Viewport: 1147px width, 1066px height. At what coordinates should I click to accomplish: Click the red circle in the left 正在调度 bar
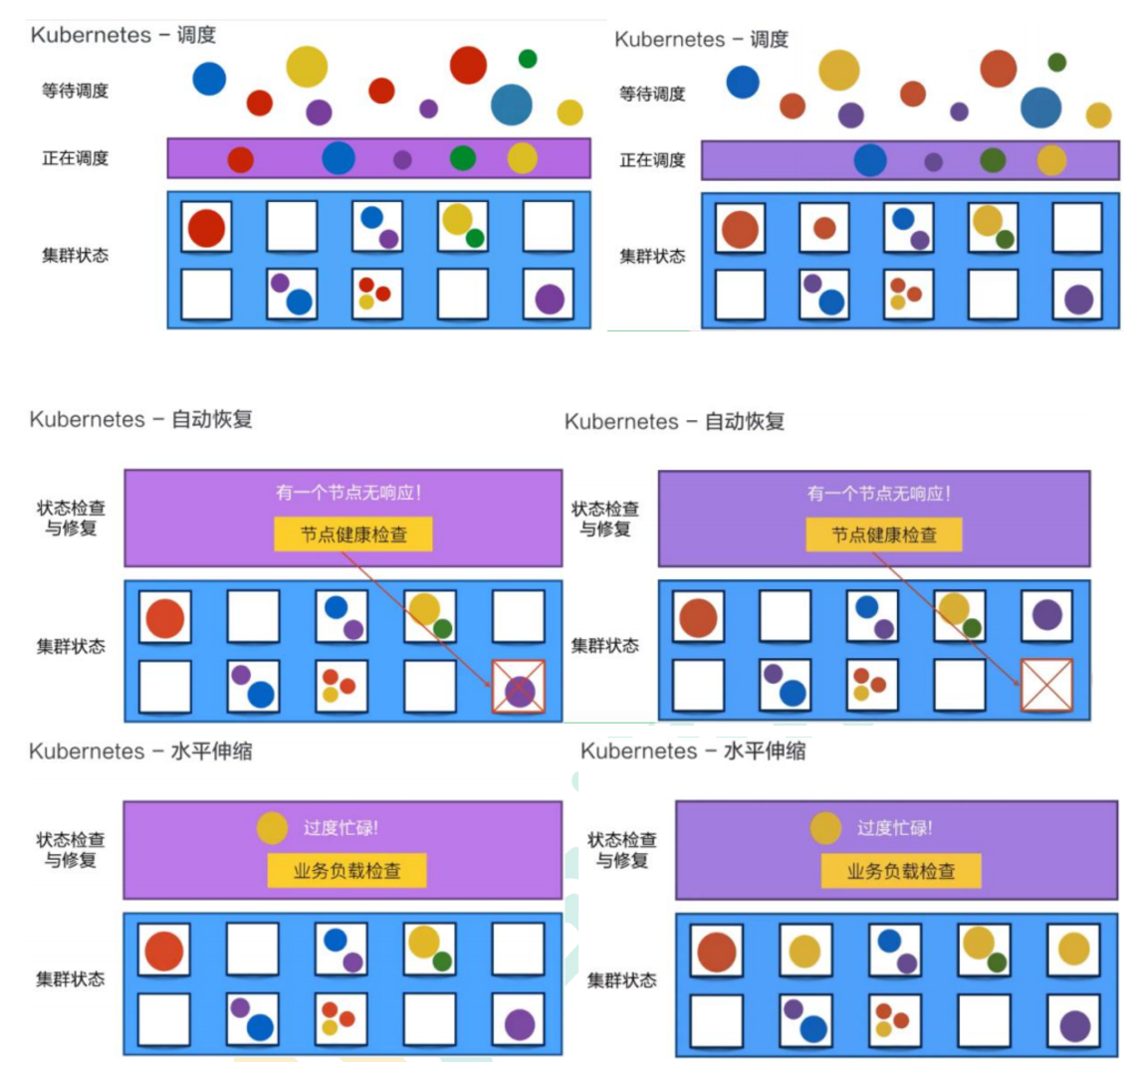[x=240, y=159]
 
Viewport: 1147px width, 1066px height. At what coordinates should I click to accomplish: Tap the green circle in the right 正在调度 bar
[x=993, y=159]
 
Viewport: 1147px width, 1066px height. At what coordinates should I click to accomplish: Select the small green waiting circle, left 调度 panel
[x=528, y=59]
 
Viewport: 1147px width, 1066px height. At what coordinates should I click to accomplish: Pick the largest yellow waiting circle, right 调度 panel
[x=839, y=71]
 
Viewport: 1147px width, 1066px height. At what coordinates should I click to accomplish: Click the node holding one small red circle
[x=824, y=228]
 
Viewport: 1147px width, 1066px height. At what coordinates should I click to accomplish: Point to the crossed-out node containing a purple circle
[x=520, y=688]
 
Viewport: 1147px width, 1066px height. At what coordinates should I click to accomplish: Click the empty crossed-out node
[x=1046, y=686]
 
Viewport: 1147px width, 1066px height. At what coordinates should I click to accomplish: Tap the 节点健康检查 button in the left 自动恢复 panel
[x=353, y=534]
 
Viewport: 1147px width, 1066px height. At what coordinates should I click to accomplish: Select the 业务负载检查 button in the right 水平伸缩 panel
[x=900, y=871]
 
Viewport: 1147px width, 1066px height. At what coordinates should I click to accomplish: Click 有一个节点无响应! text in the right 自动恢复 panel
[x=878, y=493]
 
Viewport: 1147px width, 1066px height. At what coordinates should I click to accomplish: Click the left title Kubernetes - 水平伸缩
[x=140, y=750]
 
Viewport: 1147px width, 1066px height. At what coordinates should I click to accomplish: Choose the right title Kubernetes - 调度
[x=701, y=39]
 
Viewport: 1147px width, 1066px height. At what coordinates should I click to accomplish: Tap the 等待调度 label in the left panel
[x=75, y=91]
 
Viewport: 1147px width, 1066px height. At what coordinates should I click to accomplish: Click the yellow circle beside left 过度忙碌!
[x=272, y=828]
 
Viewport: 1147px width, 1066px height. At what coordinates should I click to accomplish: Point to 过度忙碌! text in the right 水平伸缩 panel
[x=894, y=828]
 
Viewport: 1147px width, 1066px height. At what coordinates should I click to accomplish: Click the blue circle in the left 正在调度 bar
[x=339, y=158]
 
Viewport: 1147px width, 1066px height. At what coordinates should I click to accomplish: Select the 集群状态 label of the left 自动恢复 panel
[x=71, y=647]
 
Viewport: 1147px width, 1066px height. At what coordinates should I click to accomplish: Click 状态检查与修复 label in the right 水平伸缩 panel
[x=622, y=849]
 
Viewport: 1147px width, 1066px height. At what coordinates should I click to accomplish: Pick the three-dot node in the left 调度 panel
[x=377, y=295]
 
